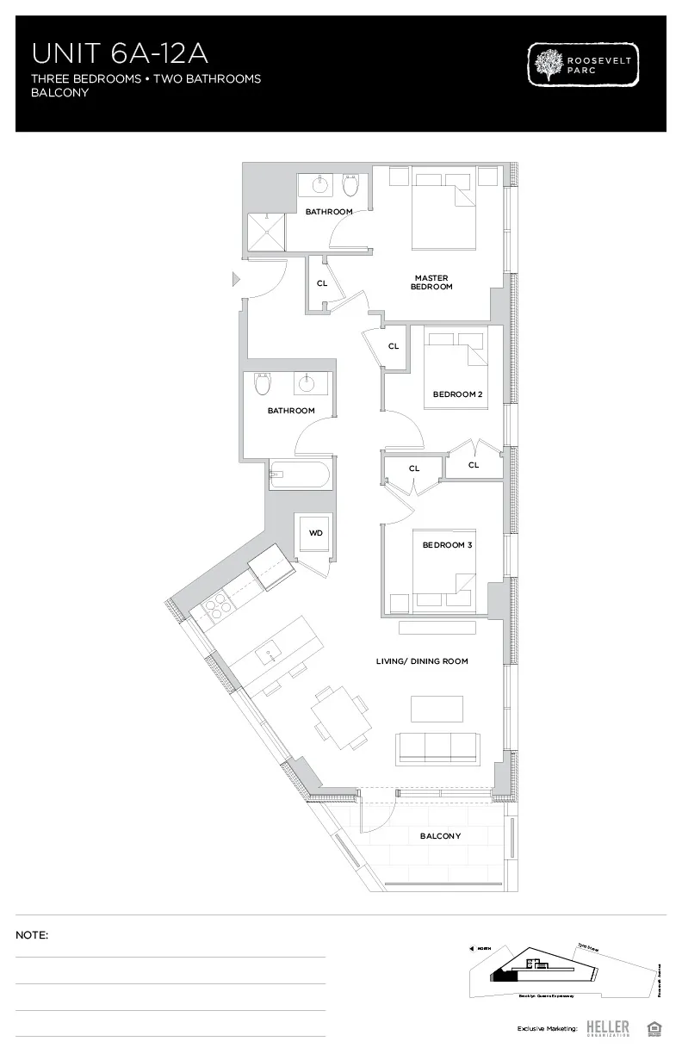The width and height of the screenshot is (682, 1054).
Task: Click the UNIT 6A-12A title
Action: pos(120,53)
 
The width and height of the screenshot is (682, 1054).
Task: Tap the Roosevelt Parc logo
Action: pos(584,66)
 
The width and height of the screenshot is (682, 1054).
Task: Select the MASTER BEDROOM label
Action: pos(432,282)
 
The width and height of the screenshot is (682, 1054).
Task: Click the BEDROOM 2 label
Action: pos(456,394)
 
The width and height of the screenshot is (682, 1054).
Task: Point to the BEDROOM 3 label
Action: pos(447,545)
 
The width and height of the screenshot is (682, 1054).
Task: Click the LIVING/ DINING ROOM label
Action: pos(422,661)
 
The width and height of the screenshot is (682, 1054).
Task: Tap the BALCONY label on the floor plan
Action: pos(440,836)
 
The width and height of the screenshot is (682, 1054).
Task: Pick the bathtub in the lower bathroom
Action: pos(299,473)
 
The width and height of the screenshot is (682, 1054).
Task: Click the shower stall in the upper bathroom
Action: pos(267,231)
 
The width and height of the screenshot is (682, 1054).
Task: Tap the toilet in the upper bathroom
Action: pos(350,184)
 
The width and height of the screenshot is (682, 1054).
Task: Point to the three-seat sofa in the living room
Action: pos(437,747)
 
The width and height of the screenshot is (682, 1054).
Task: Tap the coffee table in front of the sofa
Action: pos(437,708)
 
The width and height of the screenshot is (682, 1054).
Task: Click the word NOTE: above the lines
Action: pos(32,934)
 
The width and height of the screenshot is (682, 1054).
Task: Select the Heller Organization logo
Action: pos(607,1027)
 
